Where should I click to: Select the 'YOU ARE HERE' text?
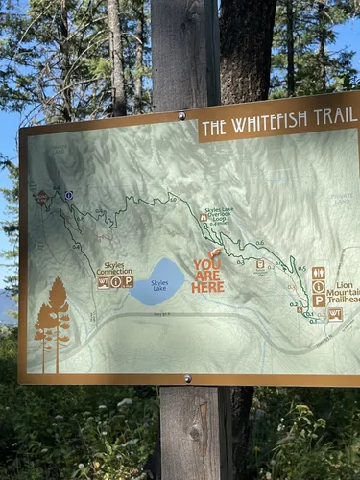pyautogui.click(x=207, y=276)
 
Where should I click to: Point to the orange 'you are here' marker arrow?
pyautogui.click(x=215, y=253)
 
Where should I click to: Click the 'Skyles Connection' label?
pyautogui.click(x=114, y=267)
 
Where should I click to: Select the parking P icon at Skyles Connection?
pyautogui.click(x=128, y=282)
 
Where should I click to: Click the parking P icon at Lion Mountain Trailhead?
pyautogui.click(x=319, y=300)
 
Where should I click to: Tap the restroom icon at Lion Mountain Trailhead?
pyautogui.click(x=319, y=273)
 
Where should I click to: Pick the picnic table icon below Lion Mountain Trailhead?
pyautogui.click(x=335, y=314)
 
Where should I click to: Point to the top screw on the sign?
pyautogui.click(x=181, y=116)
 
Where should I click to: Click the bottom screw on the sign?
pyautogui.click(x=187, y=378)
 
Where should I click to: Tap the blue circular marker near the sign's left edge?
pyautogui.click(x=69, y=195)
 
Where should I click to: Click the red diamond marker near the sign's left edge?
pyautogui.click(x=42, y=199)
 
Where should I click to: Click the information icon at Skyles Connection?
pyautogui.click(x=115, y=282)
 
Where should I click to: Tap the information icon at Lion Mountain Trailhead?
pyautogui.click(x=319, y=286)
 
